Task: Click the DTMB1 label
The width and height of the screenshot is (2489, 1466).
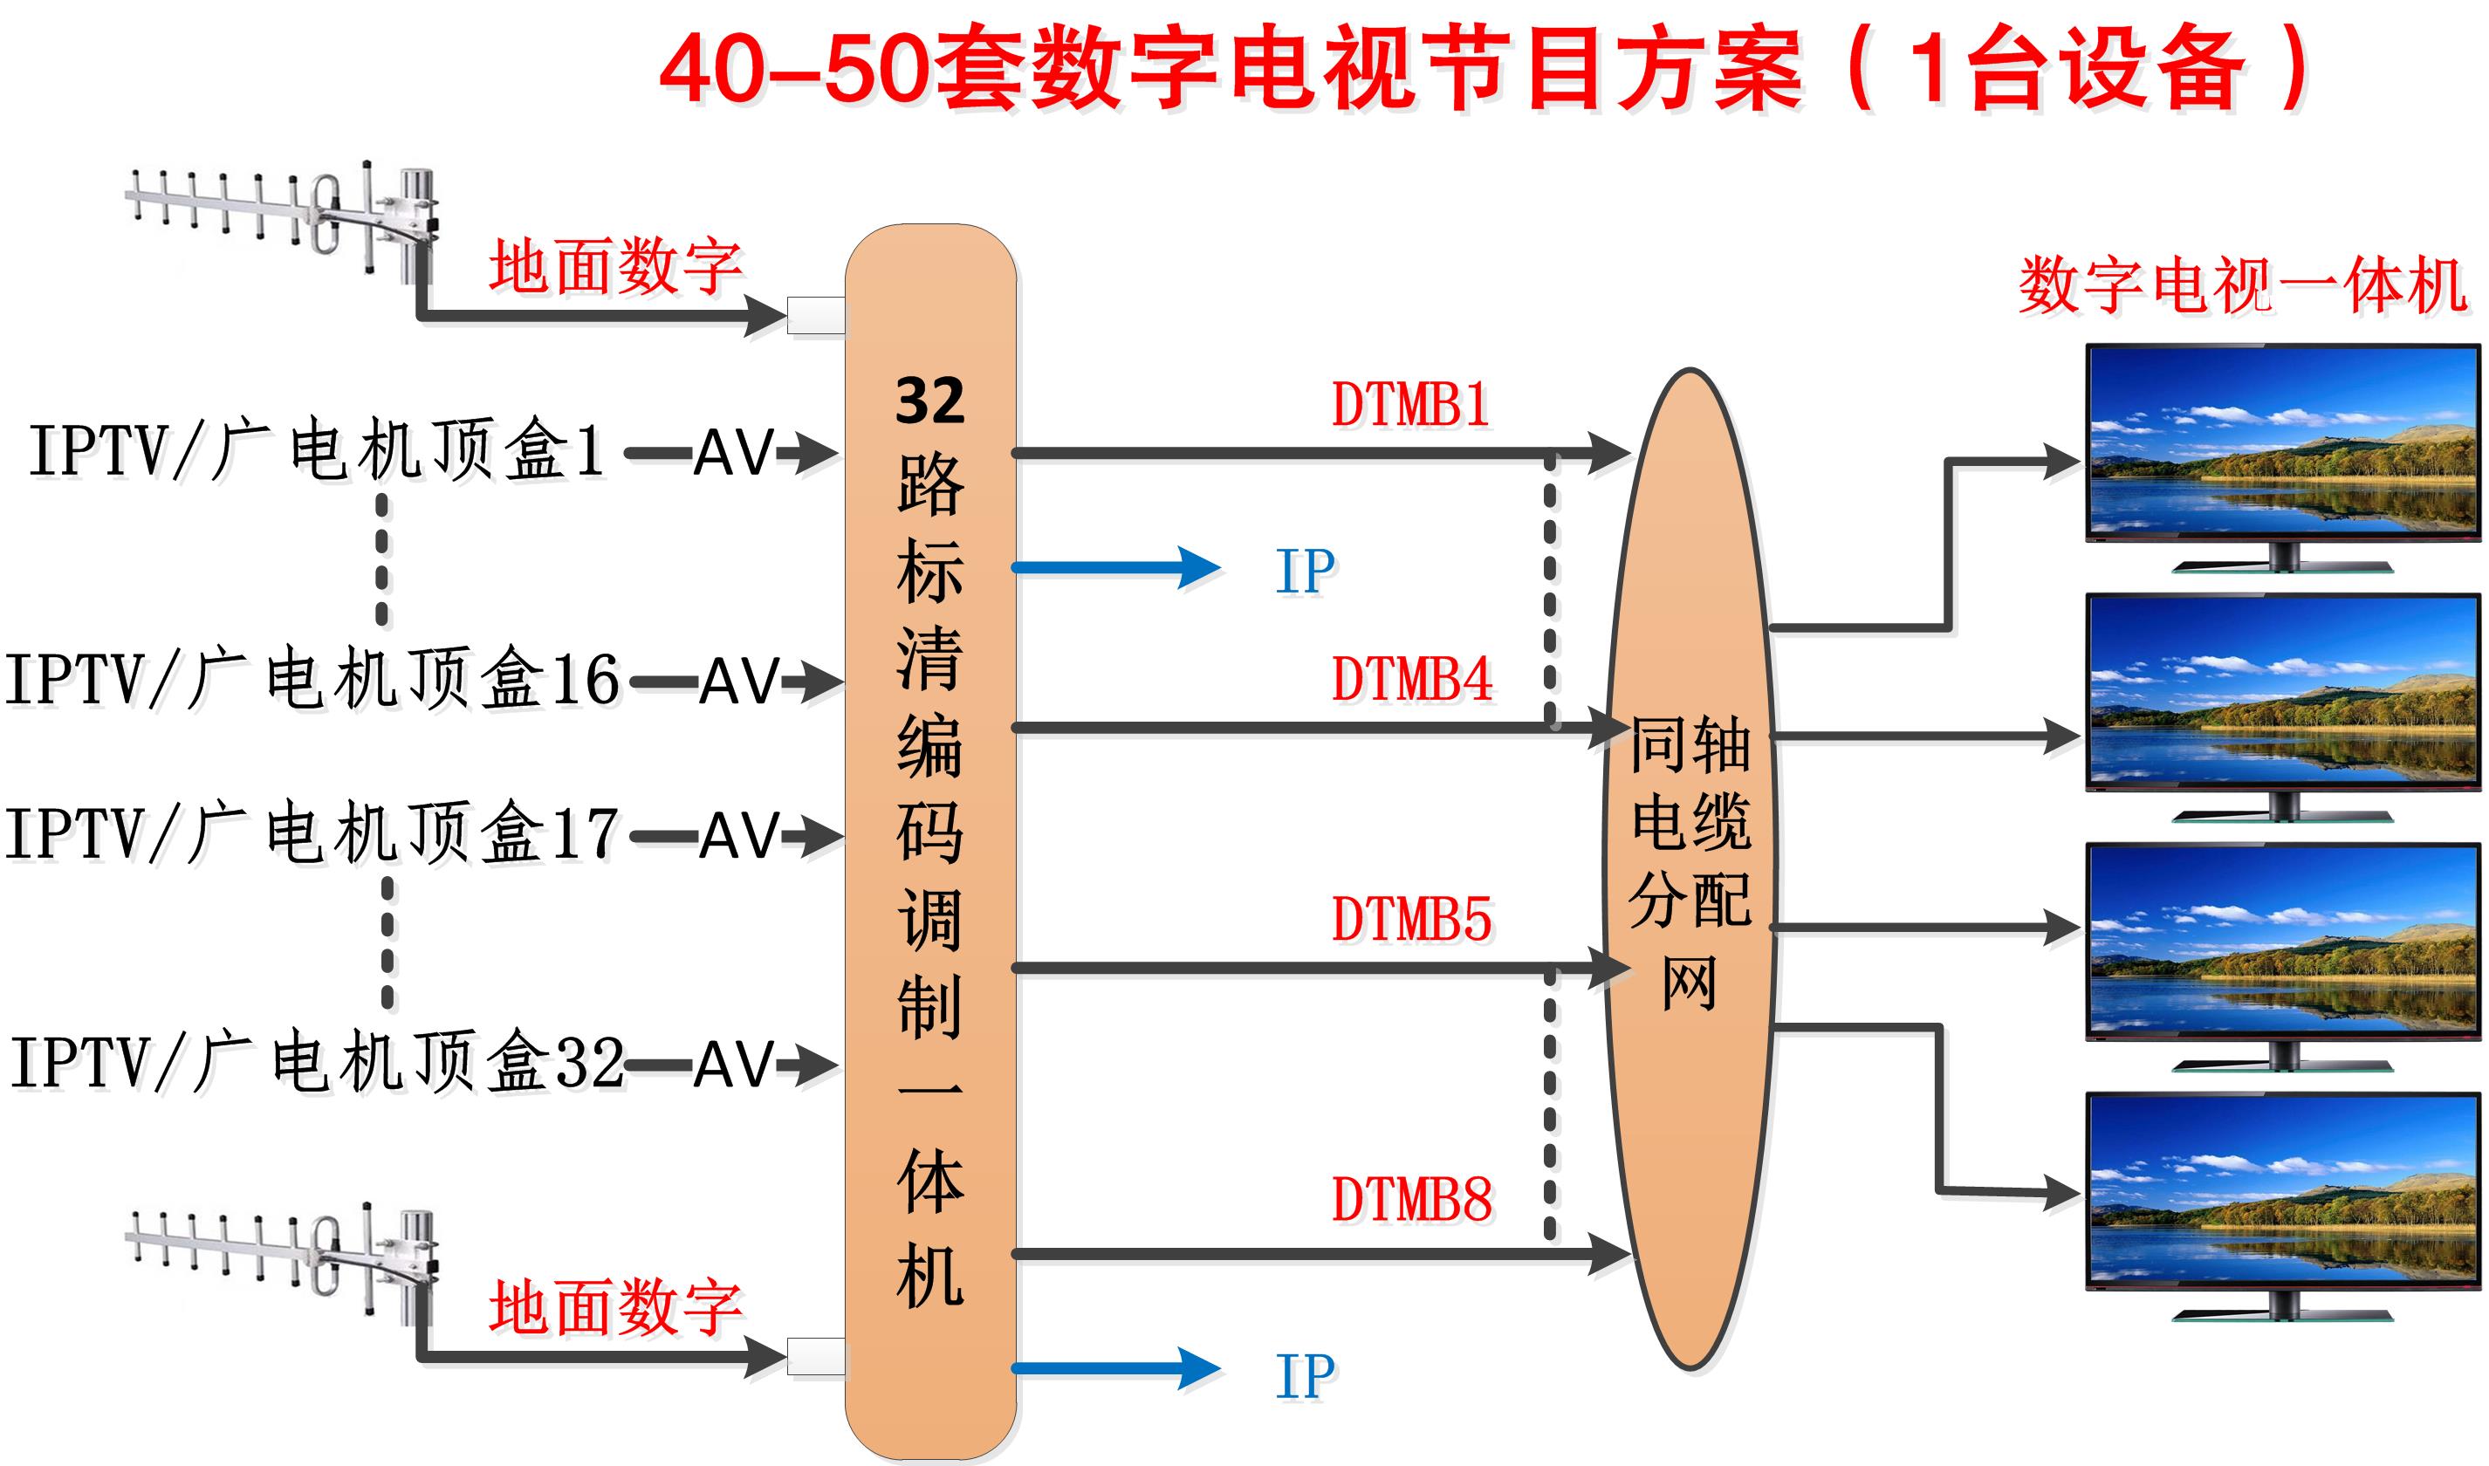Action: point(1410,405)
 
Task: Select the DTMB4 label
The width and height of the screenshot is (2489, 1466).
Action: point(1411,680)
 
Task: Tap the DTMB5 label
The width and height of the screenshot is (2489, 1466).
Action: point(1411,920)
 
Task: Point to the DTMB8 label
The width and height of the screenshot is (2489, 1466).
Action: point(1411,1200)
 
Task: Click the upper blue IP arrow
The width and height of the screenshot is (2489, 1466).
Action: point(1116,568)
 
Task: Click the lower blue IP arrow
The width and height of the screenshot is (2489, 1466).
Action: point(1116,1369)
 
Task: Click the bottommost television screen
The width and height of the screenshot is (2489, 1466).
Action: point(2282,1190)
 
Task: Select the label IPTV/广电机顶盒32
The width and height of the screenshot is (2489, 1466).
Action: point(316,1063)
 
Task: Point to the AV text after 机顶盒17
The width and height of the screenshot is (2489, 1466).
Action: point(740,836)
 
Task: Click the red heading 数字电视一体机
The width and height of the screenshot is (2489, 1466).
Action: point(2242,286)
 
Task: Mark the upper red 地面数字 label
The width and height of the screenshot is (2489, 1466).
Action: point(614,267)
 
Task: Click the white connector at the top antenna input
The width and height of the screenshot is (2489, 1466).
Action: point(816,315)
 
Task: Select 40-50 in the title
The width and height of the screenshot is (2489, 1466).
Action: point(795,69)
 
